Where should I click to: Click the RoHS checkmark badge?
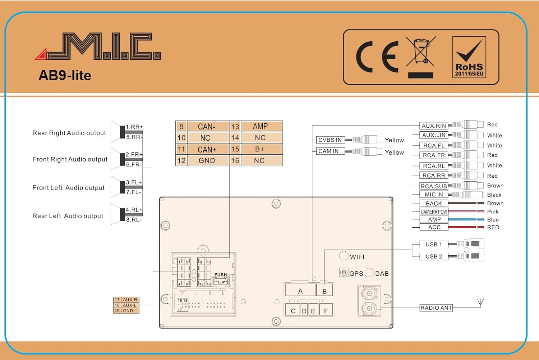tap(469, 57)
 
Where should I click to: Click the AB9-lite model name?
tap(65, 76)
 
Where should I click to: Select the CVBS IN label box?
tap(330, 140)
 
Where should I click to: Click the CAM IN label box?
tap(330, 151)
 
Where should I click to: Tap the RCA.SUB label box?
tap(434, 186)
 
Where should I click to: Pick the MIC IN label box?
tap(434, 195)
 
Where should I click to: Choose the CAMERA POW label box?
tap(434, 212)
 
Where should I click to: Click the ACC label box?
tap(434, 227)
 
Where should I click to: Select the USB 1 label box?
tap(434, 244)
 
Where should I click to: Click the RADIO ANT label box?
tap(436, 308)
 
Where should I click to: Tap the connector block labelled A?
tap(300, 290)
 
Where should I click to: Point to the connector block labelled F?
tap(326, 309)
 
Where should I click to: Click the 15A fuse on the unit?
tap(221, 282)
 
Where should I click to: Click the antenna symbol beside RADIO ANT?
tap(480, 303)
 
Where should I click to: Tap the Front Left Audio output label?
tap(68, 188)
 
